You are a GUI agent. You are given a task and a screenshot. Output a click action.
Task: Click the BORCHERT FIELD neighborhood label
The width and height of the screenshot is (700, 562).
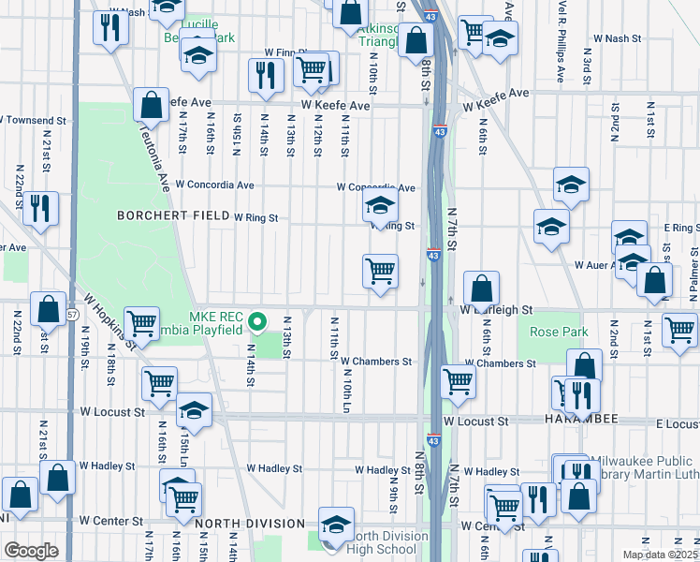[x=172, y=215]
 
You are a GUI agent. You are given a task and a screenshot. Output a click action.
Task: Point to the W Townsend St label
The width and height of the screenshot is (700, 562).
[x=35, y=121]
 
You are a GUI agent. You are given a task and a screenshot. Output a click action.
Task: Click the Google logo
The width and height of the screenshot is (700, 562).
[x=31, y=551]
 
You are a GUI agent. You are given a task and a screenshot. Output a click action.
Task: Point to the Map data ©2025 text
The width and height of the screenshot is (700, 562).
[x=660, y=555]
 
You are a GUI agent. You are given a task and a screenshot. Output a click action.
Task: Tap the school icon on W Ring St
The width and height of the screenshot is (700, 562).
[x=380, y=206]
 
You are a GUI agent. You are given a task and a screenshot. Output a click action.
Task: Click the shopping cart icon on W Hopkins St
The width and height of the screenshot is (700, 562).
[x=141, y=324]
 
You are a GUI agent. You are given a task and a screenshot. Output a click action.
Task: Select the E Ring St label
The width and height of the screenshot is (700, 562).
[x=681, y=228]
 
